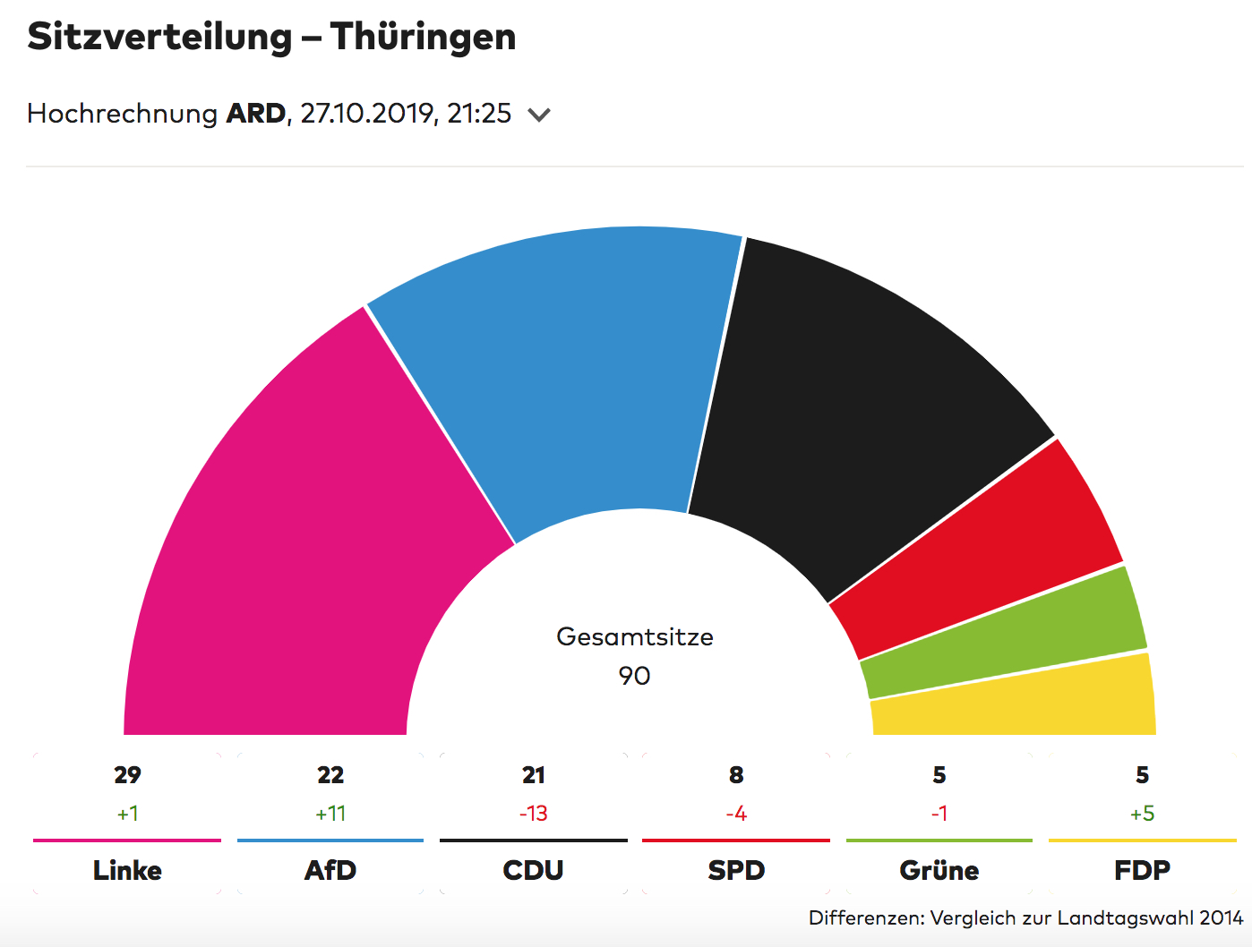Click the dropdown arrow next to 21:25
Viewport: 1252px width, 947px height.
pyautogui.click(x=539, y=115)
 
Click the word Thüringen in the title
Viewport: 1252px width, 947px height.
pyautogui.click(x=423, y=38)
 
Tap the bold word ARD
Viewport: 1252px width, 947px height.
pyautogui.click(x=255, y=114)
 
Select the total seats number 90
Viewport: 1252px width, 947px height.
pyautogui.click(x=634, y=676)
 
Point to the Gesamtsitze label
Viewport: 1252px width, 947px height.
pyautogui.click(x=634, y=637)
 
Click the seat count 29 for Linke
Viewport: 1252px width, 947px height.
pyautogui.click(x=127, y=775)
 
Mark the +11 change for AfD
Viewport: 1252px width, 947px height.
pyautogui.click(x=330, y=814)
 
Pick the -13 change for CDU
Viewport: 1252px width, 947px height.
pyautogui.click(x=534, y=814)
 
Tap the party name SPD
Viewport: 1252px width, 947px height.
pyautogui.click(x=736, y=870)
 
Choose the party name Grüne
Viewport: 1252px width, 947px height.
pyautogui.click(x=939, y=870)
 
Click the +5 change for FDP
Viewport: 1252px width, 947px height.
pyautogui.click(x=1142, y=814)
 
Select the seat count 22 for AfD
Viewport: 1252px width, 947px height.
pyautogui.click(x=330, y=775)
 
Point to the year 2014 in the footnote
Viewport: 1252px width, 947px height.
pyautogui.click(x=1222, y=917)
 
